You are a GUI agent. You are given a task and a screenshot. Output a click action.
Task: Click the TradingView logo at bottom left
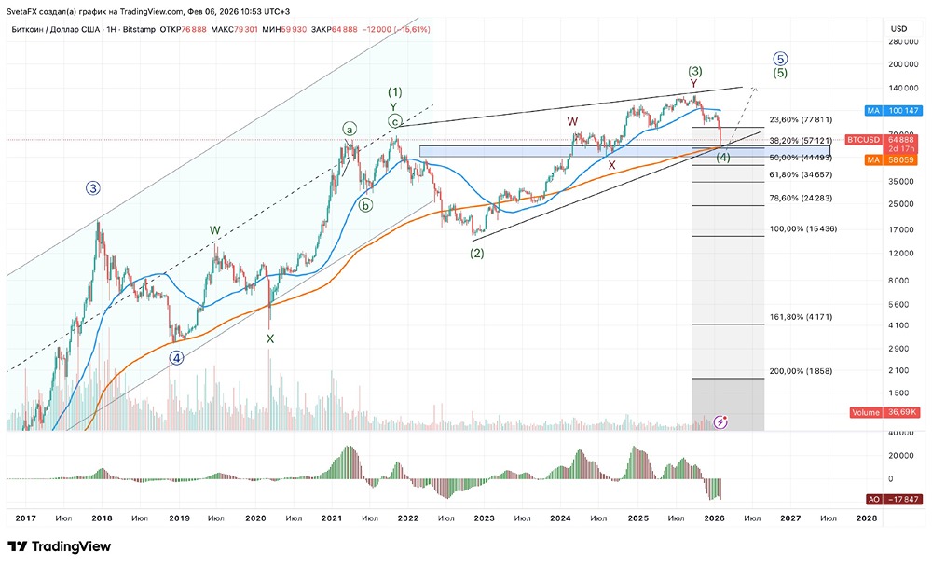[x=59, y=546]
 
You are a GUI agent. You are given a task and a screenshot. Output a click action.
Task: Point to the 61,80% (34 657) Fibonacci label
[x=801, y=174]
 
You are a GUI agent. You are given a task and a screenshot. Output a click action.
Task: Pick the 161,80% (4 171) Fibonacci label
[x=801, y=317]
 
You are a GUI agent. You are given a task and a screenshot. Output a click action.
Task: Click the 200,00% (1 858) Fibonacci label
[x=801, y=371]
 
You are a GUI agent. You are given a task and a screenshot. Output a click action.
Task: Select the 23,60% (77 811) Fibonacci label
[x=801, y=120]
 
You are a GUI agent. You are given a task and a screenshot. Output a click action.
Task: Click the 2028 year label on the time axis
[x=866, y=517]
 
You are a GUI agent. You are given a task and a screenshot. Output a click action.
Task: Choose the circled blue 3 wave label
[x=93, y=187]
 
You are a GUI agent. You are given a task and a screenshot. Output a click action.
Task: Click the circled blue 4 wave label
[x=176, y=357]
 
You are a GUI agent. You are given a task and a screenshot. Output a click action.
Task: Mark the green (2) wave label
[x=477, y=253]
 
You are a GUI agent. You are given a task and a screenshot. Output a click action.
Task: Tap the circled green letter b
[x=366, y=205]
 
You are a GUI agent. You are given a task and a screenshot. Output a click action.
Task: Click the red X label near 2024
[x=611, y=165]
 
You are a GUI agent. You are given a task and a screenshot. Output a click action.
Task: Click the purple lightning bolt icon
[x=720, y=422]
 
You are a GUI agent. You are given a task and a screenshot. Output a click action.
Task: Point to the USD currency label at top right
[x=898, y=27]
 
